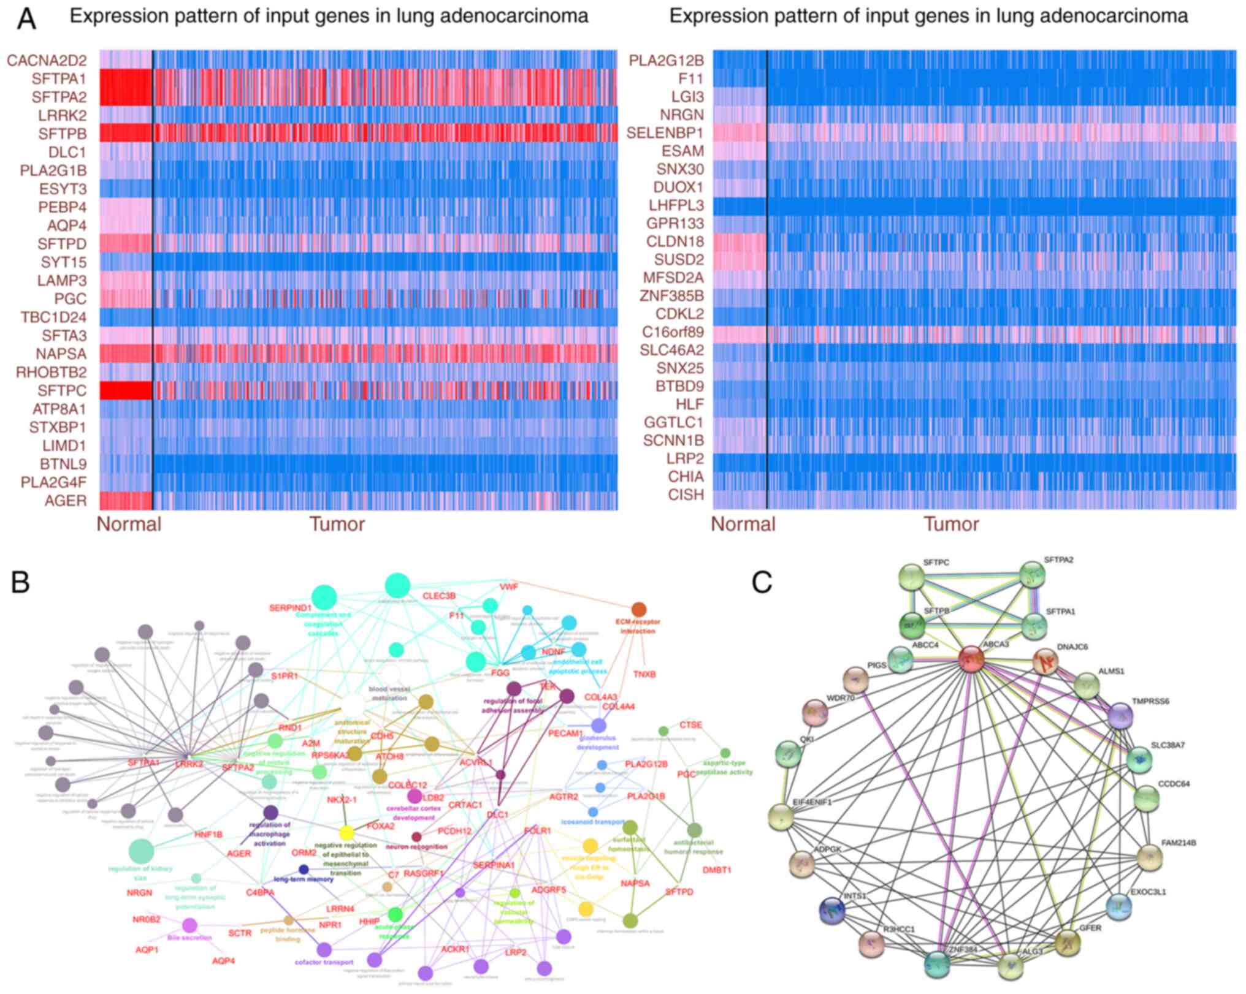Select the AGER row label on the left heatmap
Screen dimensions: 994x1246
[x=66, y=501]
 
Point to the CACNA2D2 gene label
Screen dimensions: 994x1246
[x=47, y=60]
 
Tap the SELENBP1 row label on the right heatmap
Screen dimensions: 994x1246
[x=665, y=133]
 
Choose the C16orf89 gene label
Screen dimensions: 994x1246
[x=673, y=332]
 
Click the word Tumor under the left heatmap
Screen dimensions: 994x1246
[x=337, y=525]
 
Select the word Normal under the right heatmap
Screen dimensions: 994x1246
[x=743, y=525]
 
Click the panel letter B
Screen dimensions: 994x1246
[x=20, y=583]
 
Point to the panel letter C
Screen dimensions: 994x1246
[x=762, y=583]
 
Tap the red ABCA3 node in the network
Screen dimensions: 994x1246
[x=971, y=659]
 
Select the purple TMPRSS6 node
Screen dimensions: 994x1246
[x=1122, y=715]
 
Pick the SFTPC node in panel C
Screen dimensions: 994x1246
[x=911, y=578]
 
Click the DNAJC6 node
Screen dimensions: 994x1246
[x=1045, y=662]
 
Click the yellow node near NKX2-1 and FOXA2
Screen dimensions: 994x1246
[x=346, y=833]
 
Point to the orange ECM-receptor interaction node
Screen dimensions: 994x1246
[x=638, y=609]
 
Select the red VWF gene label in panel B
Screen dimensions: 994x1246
[x=509, y=586]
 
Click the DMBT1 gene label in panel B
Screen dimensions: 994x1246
[x=717, y=870]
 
